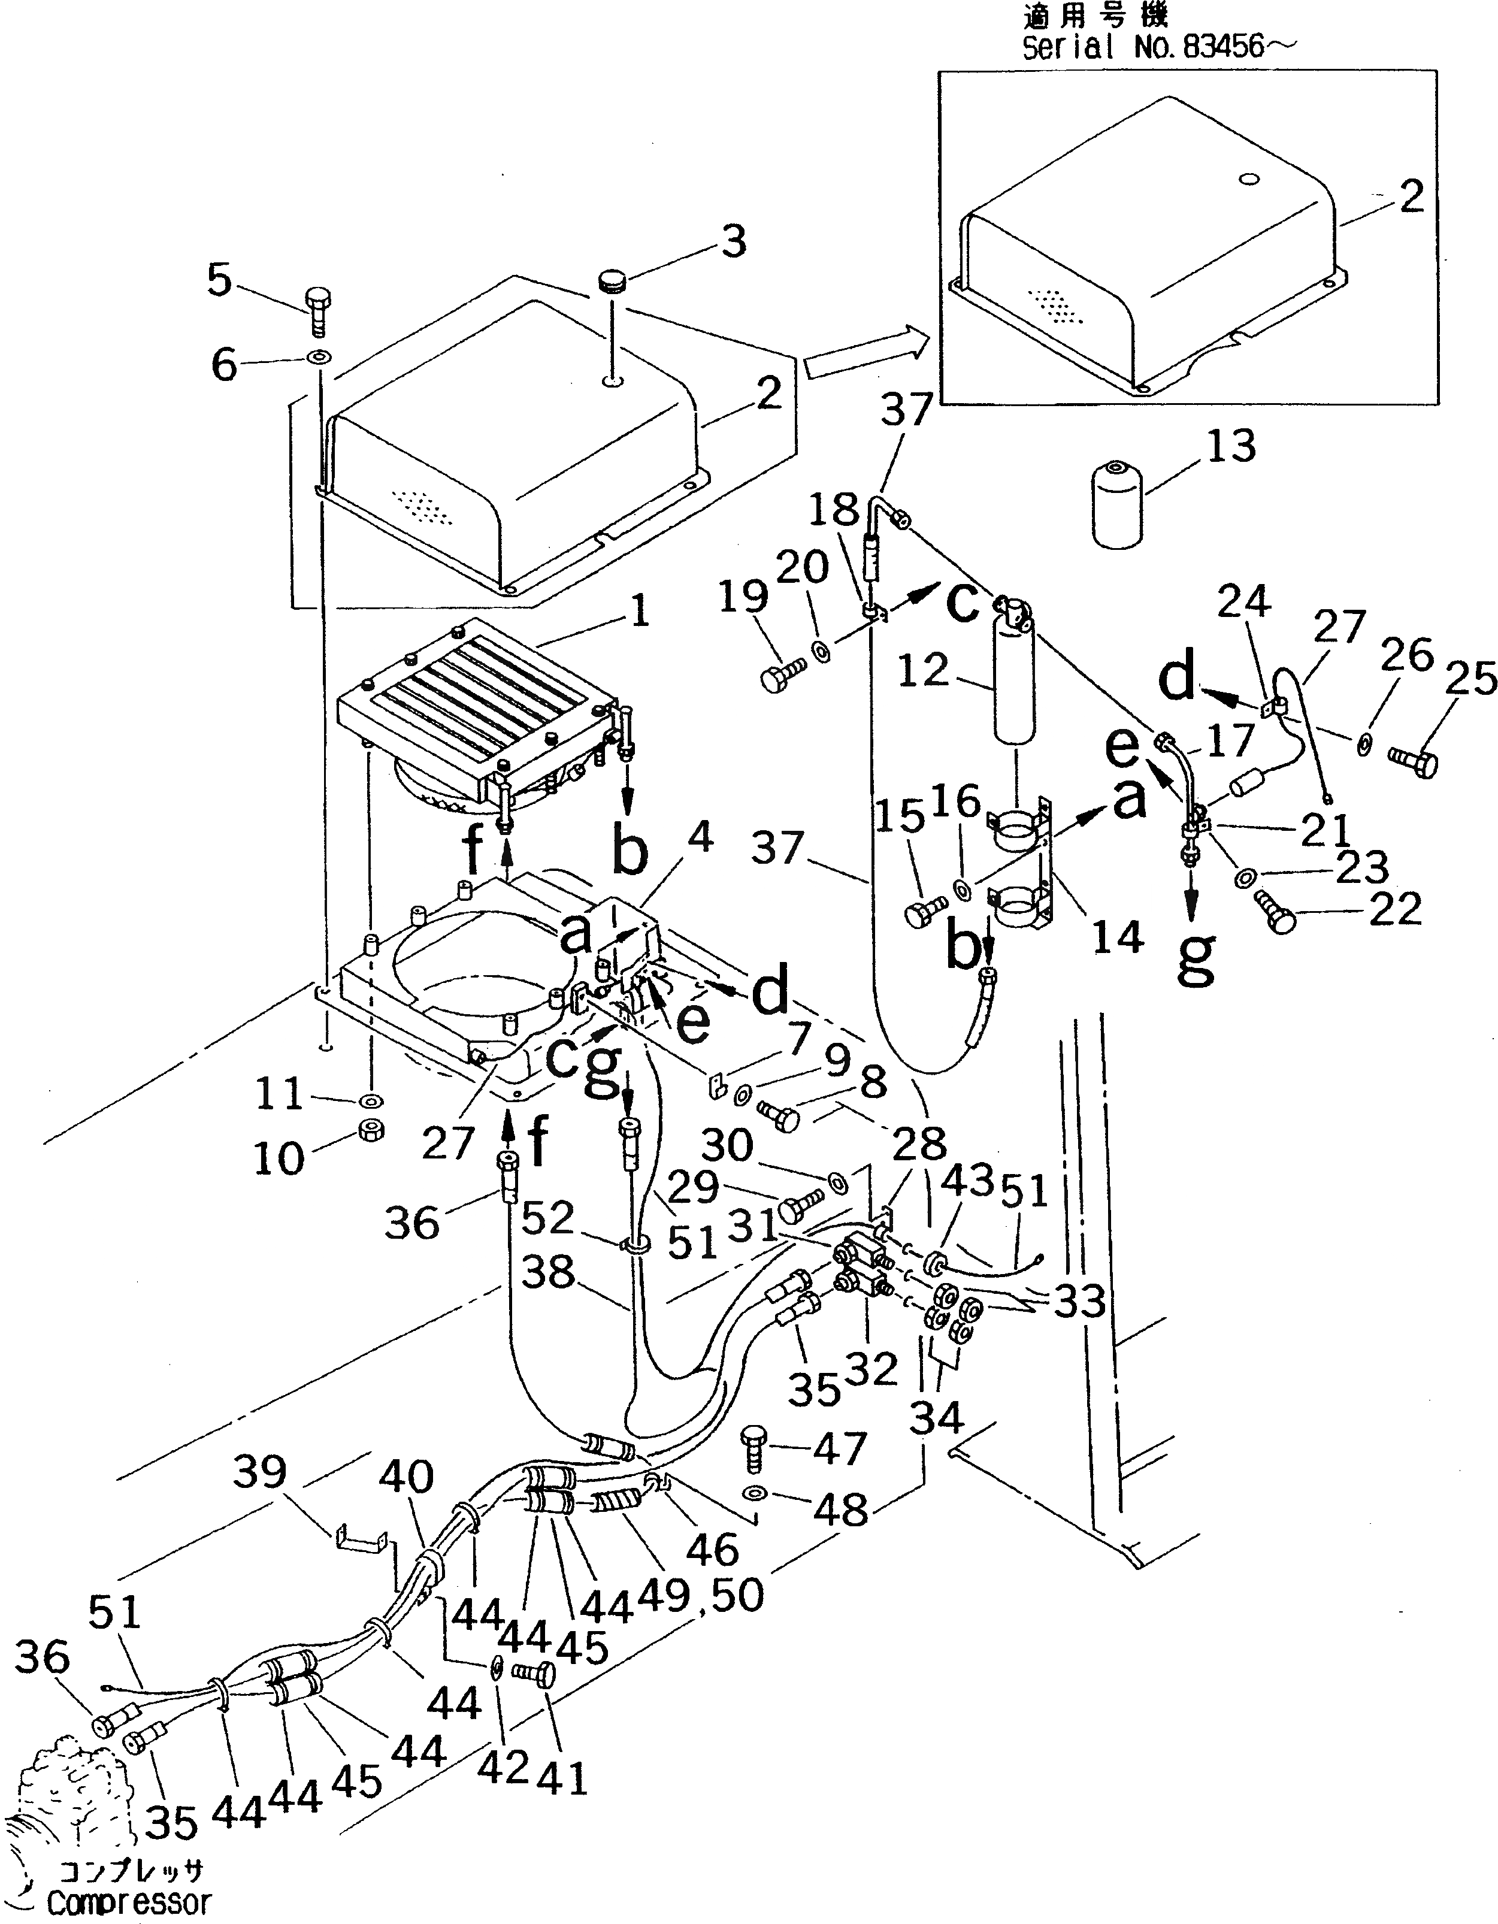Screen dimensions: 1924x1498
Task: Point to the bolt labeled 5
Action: click(x=318, y=310)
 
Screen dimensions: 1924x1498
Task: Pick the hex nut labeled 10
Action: click(x=371, y=1130)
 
